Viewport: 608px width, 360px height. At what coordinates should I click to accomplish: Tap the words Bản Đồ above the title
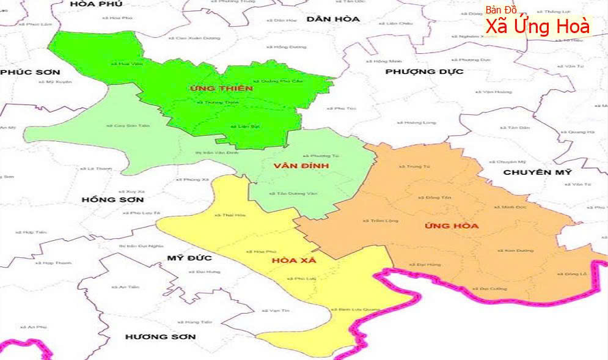pyautogui.click(x=501, y=10)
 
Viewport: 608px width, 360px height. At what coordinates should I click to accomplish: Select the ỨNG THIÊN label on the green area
pyautogui.click(x=213, y=89)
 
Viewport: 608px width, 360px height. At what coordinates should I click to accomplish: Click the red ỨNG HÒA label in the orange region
pyautogui.click(x=451, y=226)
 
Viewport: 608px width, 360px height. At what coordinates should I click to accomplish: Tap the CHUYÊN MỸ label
pyautogui.click(x=537, y=172)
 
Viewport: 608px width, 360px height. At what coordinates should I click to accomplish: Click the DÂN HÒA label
pyautogui.click(x=333, y=19)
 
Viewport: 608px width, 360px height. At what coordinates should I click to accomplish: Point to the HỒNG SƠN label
pyautogui.click(x=112, y=200)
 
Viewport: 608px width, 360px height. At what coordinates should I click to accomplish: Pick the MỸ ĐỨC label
pyautogui.click(x=189, y=258)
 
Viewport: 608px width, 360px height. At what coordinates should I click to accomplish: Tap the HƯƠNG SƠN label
pyautogui.click(x=160, y=337)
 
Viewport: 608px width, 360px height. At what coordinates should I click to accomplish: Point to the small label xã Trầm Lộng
pyautogui.click(x=380, y=221)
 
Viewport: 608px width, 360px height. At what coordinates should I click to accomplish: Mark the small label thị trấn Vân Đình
pyautogui.click(x=216, y=153)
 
